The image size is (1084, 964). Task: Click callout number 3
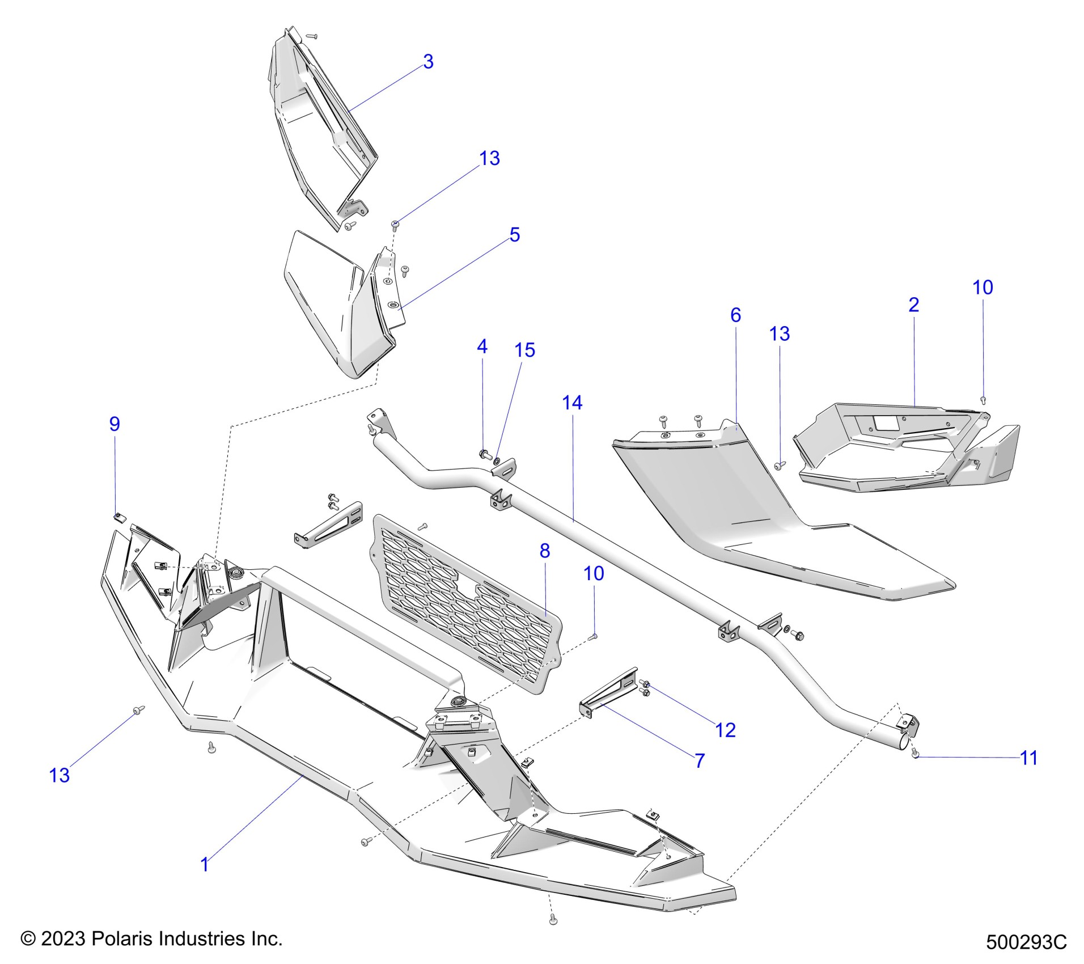click(428, 62)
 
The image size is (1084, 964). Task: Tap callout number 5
click(514, 235)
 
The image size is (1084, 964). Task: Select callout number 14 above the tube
click(572, 403)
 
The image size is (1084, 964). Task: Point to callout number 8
click(544, 551)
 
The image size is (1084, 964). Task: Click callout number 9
click(115, 424)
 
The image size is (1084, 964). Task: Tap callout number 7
click(700, 760)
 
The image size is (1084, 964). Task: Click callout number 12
click(725, 730)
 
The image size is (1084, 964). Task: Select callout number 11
click(1028, 758)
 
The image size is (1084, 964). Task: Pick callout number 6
click(735, 315)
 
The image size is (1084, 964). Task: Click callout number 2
click(913, 305)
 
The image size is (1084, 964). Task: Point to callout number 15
click(524, 350)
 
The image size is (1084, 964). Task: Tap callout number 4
click(482, 346)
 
